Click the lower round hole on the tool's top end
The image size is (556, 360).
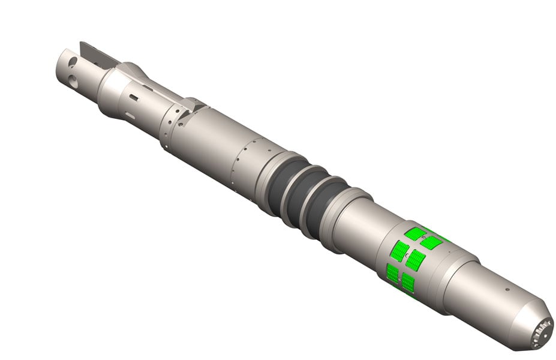point(72,78)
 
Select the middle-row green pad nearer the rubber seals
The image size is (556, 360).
point(400,251)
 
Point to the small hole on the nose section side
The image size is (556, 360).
point(507,289)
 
